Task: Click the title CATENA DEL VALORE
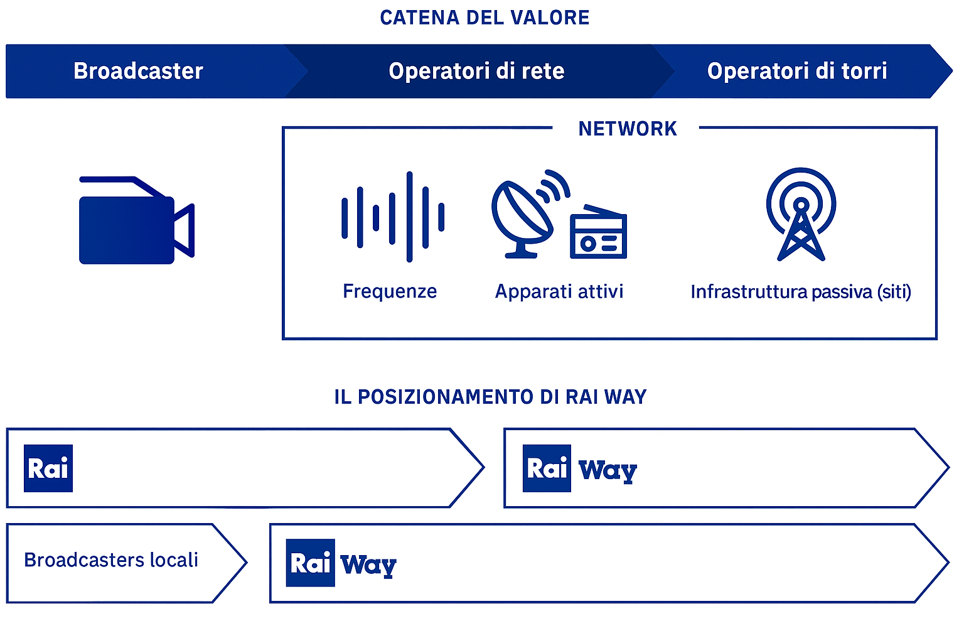[485, 18]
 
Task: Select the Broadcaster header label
[138, 71]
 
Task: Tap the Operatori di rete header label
[476, 71]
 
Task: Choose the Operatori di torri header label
[796, 71]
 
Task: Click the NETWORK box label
[627, 129]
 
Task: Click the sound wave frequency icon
[393, 217]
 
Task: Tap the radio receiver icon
[598, 233]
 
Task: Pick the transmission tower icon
[801, 214]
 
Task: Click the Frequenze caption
[390, 291]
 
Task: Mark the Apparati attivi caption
[559, 291]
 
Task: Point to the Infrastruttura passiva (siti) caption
[800, 292]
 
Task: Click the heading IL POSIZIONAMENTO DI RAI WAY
[490, 397]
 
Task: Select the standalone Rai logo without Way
[48, 468]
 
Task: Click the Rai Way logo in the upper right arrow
[579, 469]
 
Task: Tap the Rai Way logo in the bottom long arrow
[341, 563]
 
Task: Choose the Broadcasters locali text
[111, 560]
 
